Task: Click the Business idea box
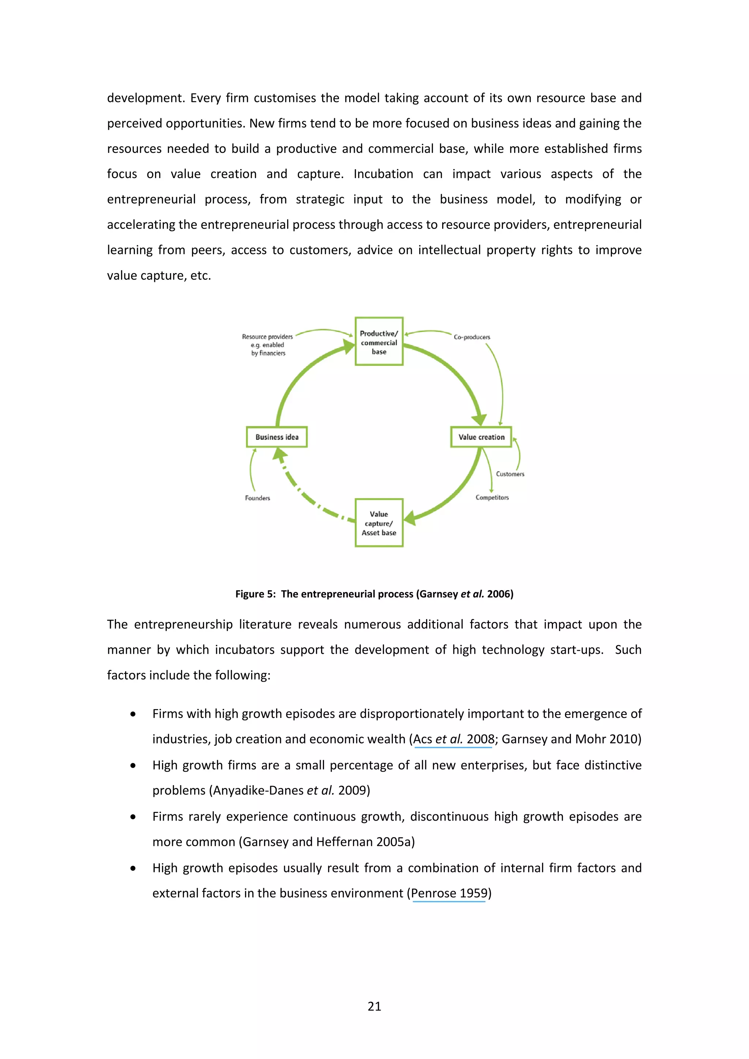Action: point(277,437)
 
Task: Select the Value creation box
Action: point(481,437)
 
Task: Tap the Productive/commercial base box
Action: point(379,342)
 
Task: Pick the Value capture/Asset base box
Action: point(379,523)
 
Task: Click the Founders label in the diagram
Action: point(257,498)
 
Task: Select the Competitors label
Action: point(492,497)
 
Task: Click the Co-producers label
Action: point(472,337)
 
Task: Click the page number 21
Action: point(374,1006)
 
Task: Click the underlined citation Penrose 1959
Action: point(449,893)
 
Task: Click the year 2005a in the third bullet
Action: point(394,842)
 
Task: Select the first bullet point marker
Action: point(133,714)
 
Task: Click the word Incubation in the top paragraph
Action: point(383,174)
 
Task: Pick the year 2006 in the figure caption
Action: point(500,594)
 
